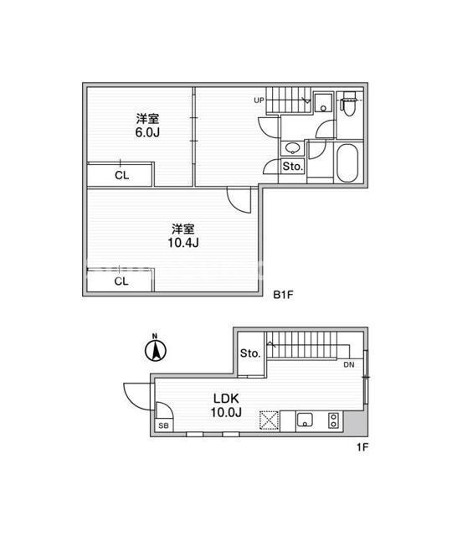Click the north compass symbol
tap(154, 349)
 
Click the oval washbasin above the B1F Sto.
tap(293, 148)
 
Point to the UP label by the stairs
tap(259, 101)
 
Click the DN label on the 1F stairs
tap(349, 365)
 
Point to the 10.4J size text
tap(184, 243)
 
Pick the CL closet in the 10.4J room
tap(121, 281)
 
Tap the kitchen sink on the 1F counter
tap(303, 420)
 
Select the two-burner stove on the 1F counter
tap(334, 420)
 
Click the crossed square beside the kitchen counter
tap(270, 420)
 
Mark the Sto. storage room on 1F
tap(250, 354)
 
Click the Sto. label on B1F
tap(292, 167)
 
